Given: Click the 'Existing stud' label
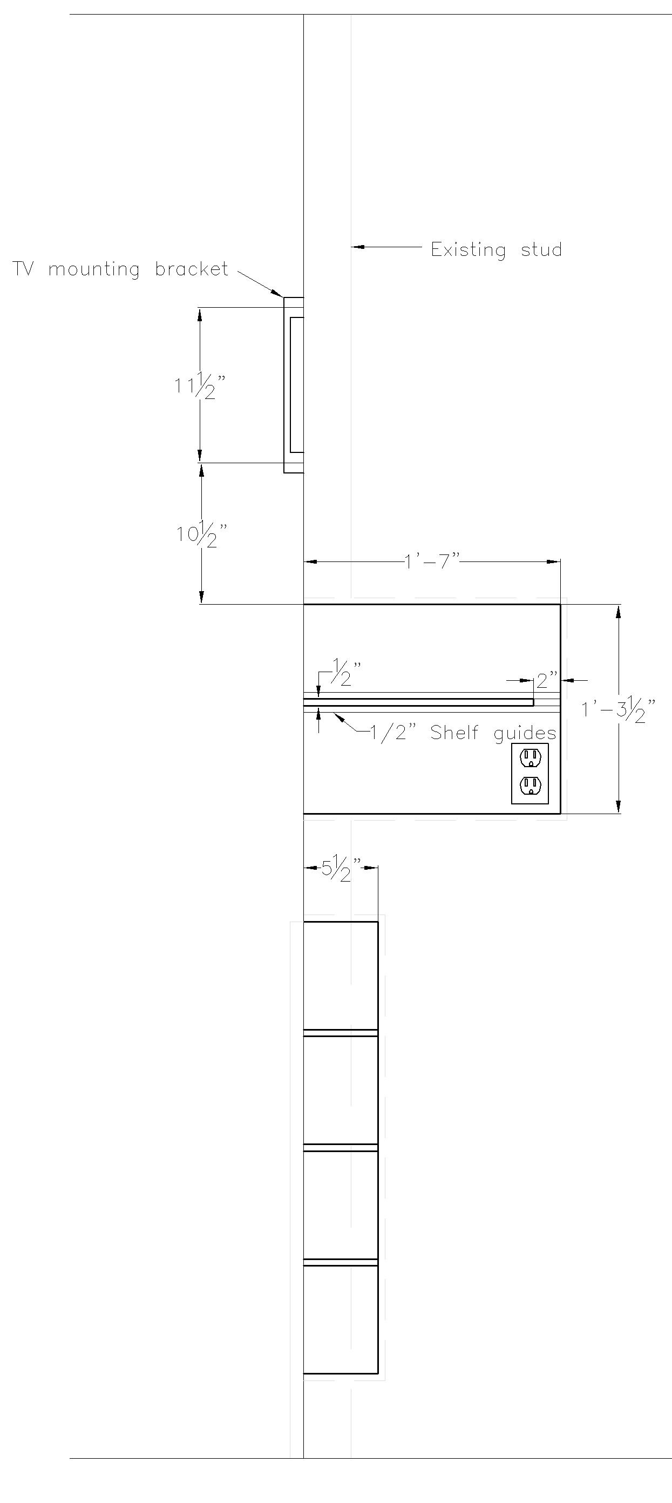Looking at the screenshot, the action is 497,250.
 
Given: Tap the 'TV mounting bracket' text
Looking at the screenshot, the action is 120,269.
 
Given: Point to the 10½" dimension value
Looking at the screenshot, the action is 202,534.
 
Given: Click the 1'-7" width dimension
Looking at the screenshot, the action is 432,561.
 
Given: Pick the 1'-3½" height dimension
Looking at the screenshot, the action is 619,709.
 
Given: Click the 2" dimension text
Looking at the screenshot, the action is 547,680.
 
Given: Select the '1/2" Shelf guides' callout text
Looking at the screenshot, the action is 463,733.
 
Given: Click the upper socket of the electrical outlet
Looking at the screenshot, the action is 530,757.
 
